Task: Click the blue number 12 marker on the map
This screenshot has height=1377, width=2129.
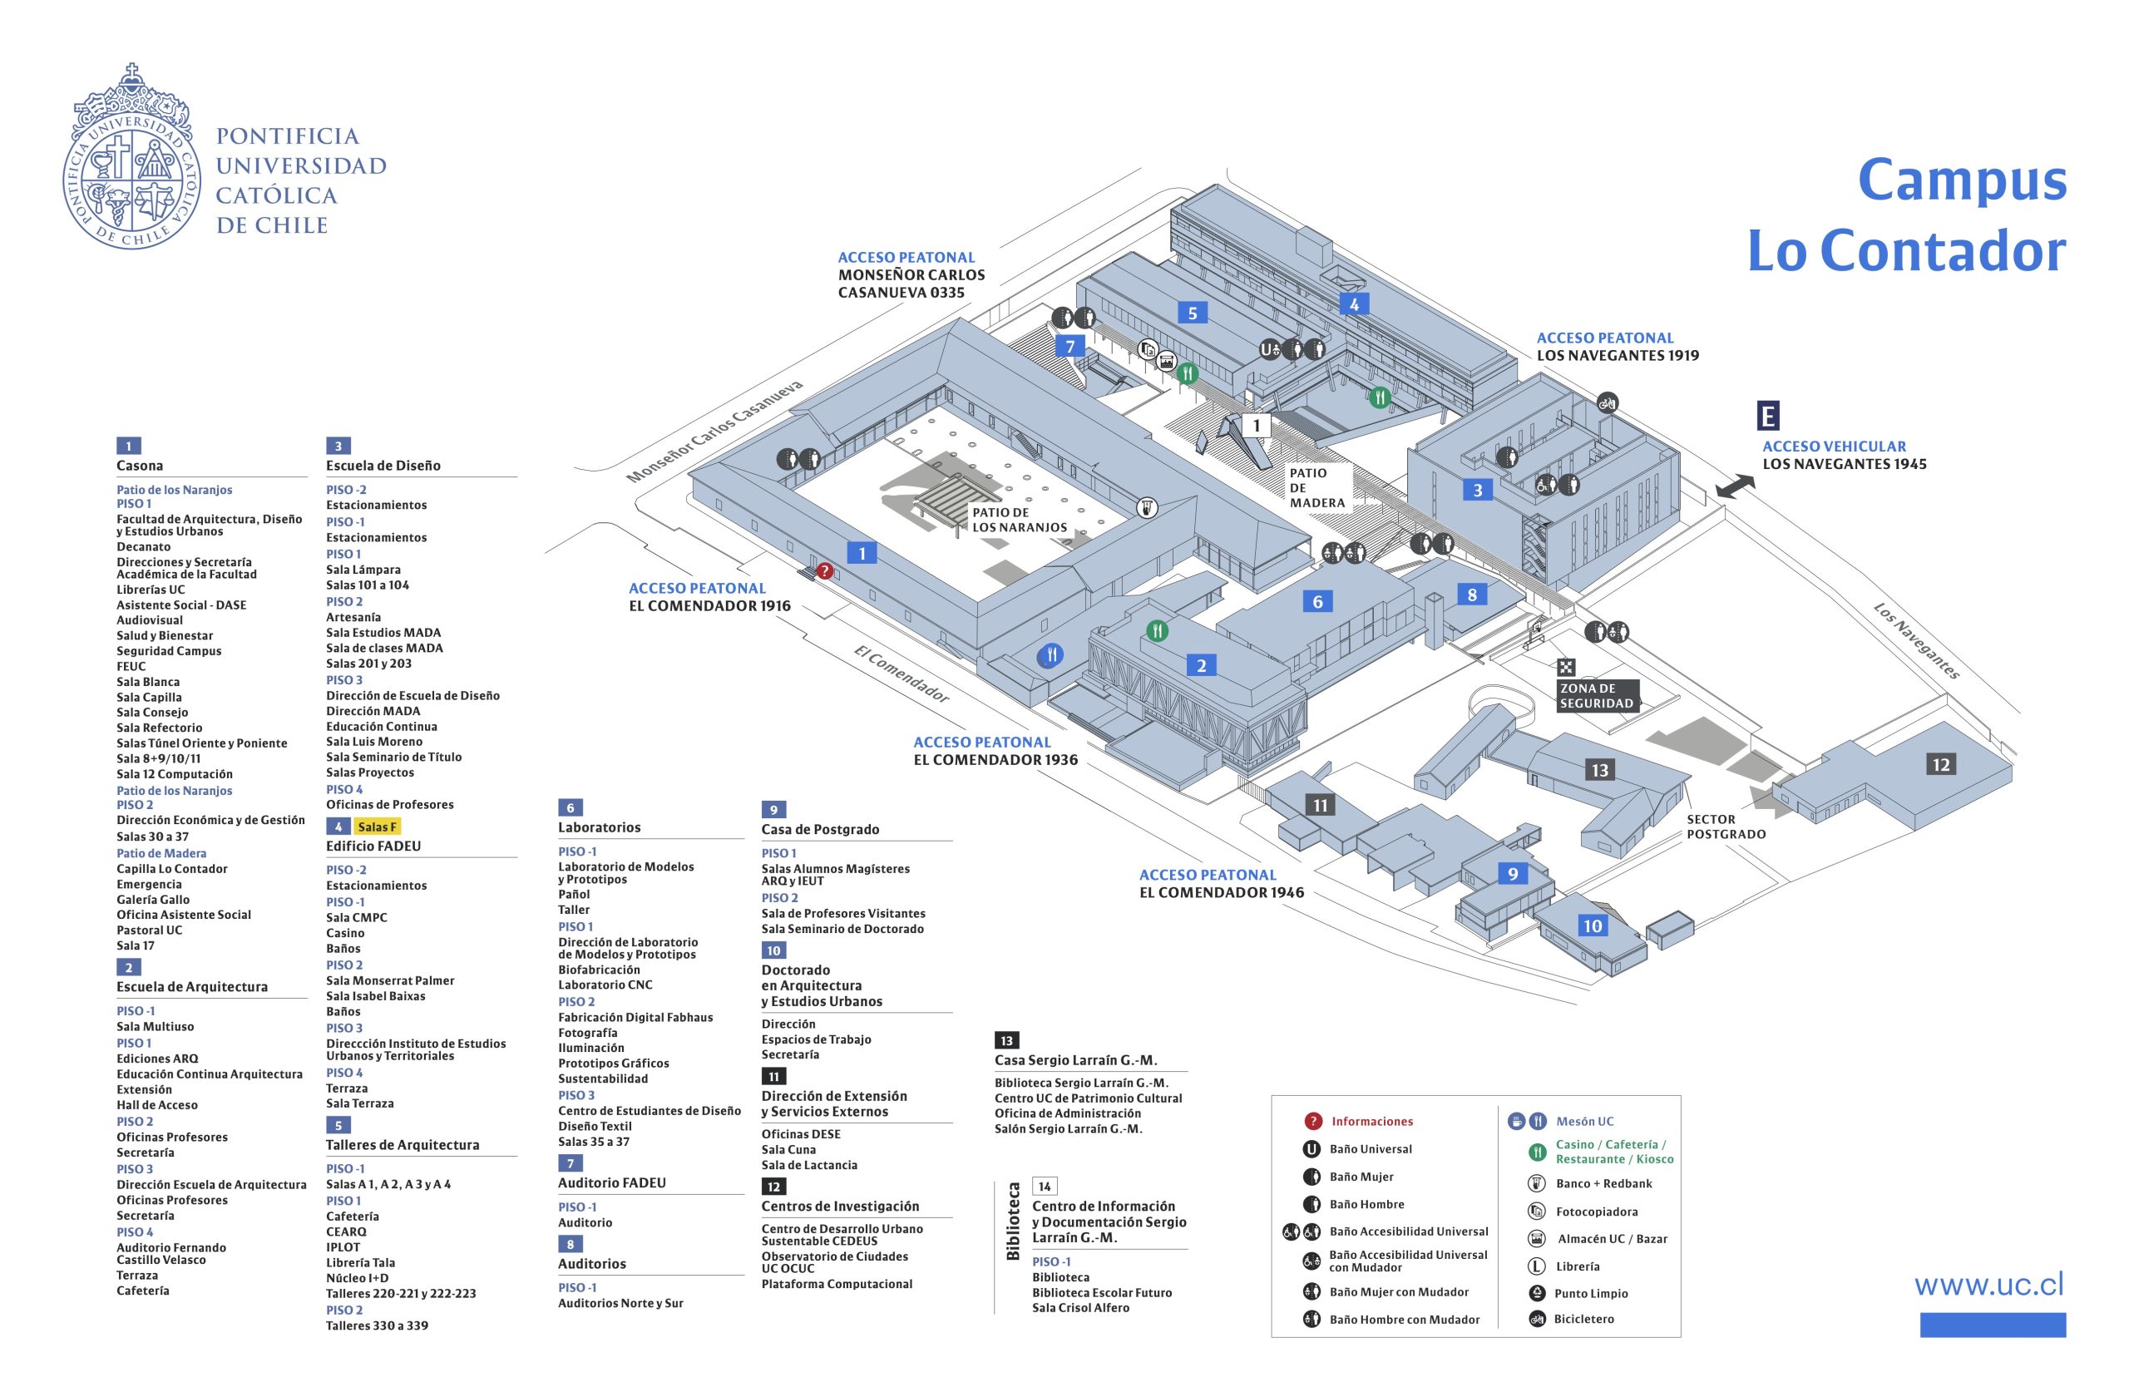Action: click(x=1940, y=764)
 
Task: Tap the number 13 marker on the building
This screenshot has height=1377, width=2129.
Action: click(x=1599, y=770)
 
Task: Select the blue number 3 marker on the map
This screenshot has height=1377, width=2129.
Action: click(x=1477, y=490)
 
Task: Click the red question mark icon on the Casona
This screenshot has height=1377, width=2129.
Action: click(x=824, y=570)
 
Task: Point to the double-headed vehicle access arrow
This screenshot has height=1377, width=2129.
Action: click(x=1735, y=486)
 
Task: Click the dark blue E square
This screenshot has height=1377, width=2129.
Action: click(x=1768, y=416)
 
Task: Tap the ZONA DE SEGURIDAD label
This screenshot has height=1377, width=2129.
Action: click(x=1596, y=696)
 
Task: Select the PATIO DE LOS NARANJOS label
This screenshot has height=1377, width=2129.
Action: click(x=1020, y=520)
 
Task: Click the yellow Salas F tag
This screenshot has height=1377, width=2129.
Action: click(x=377, y=827)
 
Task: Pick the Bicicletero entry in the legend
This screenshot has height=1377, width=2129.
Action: click(x=1583, y=1319)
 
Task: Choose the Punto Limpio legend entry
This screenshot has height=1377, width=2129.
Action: click(x=1591, y=1293)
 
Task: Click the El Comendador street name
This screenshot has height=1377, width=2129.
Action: click(x=901, y=674)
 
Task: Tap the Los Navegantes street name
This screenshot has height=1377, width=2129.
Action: click(x=1916, y=641)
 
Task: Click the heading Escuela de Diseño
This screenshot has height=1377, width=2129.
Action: click(x=383, y=466)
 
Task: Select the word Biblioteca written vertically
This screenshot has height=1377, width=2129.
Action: click(x=1013, y=1222)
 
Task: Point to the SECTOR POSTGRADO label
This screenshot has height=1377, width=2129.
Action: click(x=1726, y=827)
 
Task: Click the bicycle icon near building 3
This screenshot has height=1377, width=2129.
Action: click(x=1607, y=402)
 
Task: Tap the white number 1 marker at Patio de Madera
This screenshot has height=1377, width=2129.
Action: click(x=1257, y=426)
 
